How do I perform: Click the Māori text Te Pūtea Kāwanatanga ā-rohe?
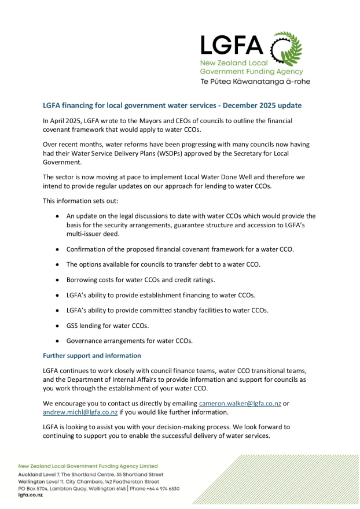255,82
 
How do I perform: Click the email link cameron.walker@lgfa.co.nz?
240,403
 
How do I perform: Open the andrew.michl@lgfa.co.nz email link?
80,412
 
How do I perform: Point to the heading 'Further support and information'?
91,356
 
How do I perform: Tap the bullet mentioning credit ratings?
141,279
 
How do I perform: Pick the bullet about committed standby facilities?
167,310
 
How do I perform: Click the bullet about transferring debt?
163,264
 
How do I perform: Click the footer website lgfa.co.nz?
30,495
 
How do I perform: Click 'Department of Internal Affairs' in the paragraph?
106,379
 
